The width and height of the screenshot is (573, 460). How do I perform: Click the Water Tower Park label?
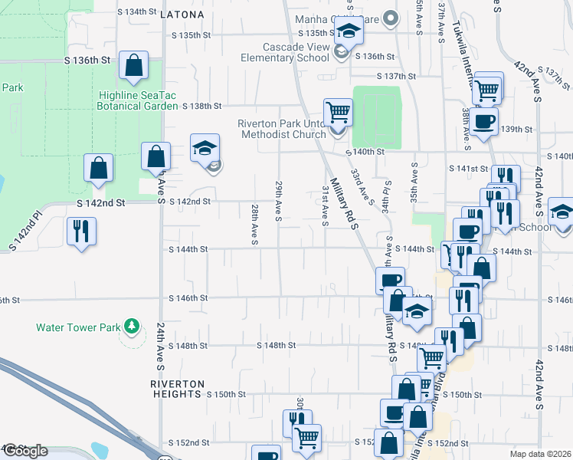pyautogui.click(x=78, y=327)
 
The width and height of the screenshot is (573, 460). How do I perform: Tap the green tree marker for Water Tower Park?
pyautogui.click(x=133, y=327)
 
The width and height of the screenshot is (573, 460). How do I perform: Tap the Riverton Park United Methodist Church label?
pyautogui.click(x=283, y=129)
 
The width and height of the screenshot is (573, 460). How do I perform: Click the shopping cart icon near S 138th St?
pyautogui.click(x=337, y=112)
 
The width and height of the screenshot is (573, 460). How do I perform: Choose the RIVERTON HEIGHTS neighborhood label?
pyautogui.click(x=177, y=389)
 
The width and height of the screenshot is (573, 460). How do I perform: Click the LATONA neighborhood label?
pyautogui.click(x=182, y=15)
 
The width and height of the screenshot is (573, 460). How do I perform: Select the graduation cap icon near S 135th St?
pyautogui.click(x=348, y=32)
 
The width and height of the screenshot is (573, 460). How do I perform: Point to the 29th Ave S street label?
pyautogui.click(x=278, y=199)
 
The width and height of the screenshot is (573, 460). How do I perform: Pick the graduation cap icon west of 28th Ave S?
pyautogui.click(x=205, y=147)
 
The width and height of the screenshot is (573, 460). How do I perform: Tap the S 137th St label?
pyautogui.click(x=397, y=76)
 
